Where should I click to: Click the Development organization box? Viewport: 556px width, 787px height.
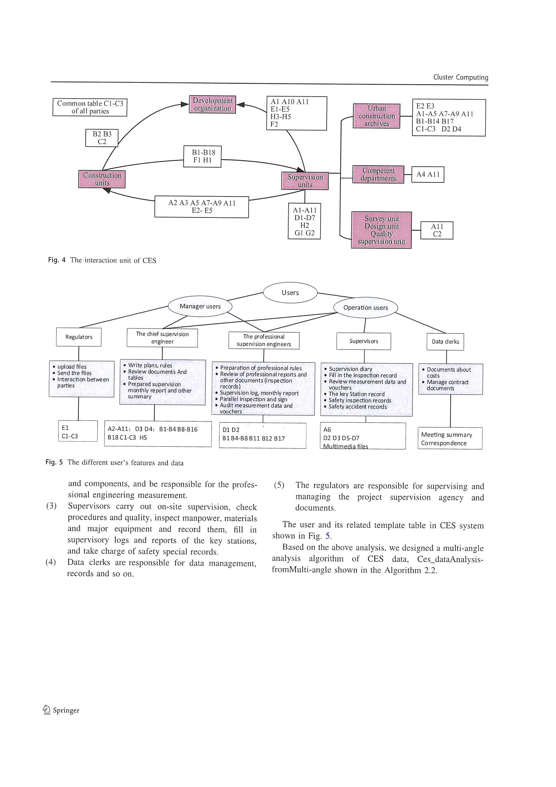212,105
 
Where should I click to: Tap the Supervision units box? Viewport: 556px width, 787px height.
304,181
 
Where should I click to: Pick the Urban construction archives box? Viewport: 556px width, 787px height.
376,116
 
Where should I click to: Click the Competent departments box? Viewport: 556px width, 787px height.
378,174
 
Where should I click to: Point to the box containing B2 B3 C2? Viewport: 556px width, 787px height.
102,138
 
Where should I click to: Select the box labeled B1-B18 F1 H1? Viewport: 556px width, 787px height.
202,156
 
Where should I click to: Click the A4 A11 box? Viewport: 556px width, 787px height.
428,174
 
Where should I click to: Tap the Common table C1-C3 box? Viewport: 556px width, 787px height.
90,107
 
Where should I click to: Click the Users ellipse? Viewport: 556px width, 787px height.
290,293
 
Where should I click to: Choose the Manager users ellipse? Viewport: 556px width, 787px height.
200,306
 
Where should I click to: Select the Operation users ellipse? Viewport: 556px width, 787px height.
366,307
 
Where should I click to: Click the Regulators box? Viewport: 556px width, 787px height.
79,337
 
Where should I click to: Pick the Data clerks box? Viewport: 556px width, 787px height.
445,342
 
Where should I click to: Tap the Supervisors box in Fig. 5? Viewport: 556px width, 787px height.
364,341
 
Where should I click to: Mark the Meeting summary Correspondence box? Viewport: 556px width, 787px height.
450,438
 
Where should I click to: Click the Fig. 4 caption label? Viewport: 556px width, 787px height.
57,260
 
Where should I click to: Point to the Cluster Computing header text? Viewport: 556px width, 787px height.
460,77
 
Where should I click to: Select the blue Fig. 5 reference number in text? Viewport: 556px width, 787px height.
328,536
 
